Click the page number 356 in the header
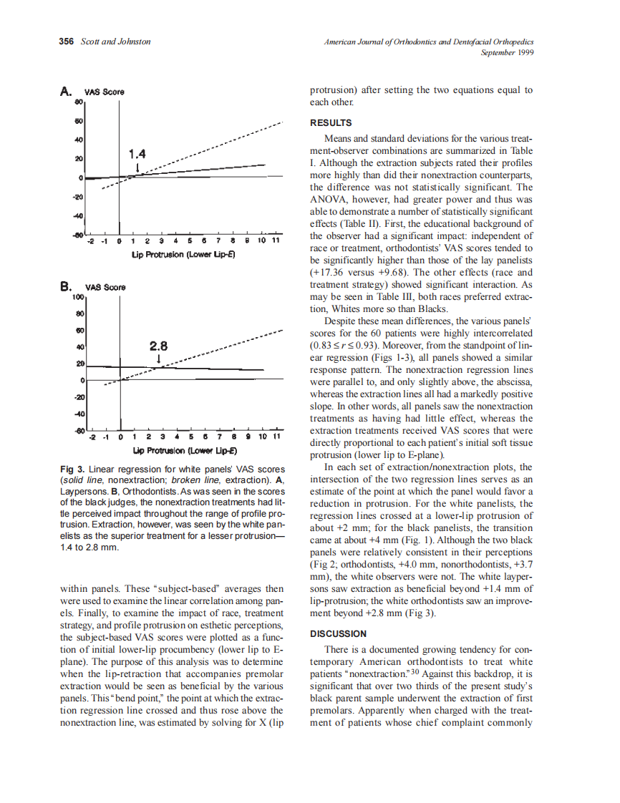coord(66,42)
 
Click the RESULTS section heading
coord(330,123)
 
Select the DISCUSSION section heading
coord(337,633)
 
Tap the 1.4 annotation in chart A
coord(137,154)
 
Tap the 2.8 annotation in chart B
coord(158,346)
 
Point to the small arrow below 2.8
coord(158,359)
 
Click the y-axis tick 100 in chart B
coord(79,296)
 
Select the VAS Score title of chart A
coord(105,92)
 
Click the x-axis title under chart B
coord(185,451)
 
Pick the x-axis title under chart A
coord(185,254)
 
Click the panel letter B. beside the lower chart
coord(66,286)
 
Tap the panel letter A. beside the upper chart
coord(66,91)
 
